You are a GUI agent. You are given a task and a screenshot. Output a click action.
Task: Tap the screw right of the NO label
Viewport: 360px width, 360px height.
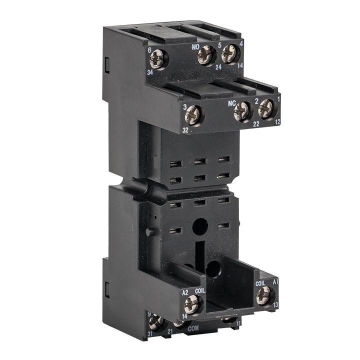tap(206, 55)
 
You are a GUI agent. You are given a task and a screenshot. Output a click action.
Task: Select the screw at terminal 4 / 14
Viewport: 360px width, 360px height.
tap(229, 53)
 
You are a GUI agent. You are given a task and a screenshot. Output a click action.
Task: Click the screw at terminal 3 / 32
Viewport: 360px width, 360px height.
tap(193, 115)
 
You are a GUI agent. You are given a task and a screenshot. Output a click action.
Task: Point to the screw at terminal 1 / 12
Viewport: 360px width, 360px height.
tap(266, 108)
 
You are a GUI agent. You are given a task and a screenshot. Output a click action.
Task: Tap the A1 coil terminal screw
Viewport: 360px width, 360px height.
tap(263, 295)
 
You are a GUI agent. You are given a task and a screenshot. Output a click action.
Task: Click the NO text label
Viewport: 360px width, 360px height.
tap(197, 47)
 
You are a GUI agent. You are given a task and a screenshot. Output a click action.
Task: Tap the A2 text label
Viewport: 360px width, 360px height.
tap(184, 292)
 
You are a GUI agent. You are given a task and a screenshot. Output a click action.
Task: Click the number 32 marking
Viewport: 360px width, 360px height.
tap(185, 129)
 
